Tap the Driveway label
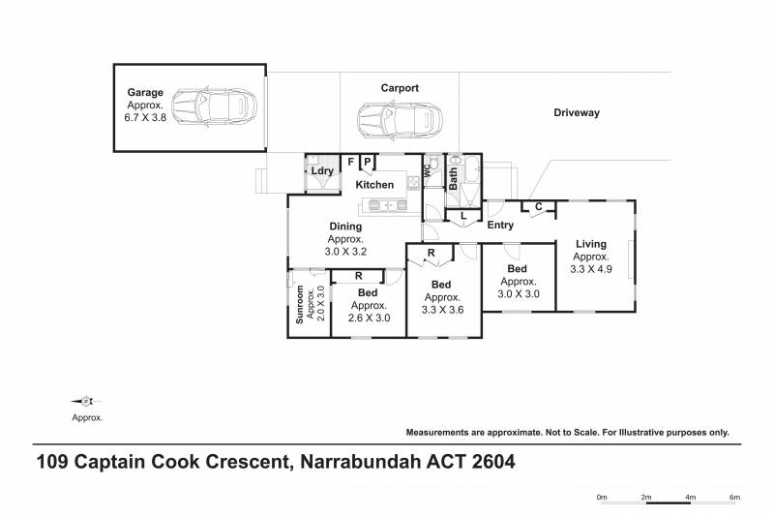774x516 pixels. pos(577,113)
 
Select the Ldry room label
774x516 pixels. pos(322,171)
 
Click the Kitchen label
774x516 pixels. pos(374,185)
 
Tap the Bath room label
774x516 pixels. pos(453,178)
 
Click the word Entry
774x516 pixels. pos(500,226)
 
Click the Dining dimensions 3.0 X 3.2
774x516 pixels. pos(344,252)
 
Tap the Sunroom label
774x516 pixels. pos(300,304)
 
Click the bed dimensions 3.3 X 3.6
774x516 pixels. pos(442,311)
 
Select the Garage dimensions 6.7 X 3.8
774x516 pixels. pos(145,117)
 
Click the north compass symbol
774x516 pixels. pos(87,402)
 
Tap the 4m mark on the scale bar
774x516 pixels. pos(691,498)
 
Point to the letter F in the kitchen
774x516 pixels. pos(351,162)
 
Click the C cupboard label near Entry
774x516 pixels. pos(538,207)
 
